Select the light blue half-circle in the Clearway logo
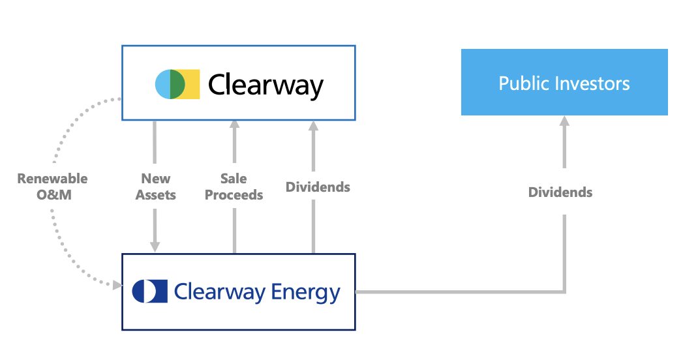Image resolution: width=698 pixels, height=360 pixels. [x=162, y=84]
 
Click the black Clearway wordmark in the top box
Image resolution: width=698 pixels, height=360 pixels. [x=266, y=85]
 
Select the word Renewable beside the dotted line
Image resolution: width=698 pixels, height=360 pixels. [x=52, y=179]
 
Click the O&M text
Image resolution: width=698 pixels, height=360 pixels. [x=52, y=194]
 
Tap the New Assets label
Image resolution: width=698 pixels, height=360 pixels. [x=155, y=187]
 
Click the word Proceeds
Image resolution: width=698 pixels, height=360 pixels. [x=234, y=194]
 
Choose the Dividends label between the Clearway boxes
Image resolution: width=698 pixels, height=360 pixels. [x=318, y=187]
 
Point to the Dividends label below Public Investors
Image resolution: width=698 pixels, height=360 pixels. [x=560, y=192]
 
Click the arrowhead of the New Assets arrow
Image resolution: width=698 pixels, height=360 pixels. [x=155, y=247]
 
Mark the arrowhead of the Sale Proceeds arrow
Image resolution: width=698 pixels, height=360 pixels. [x=234, y=125]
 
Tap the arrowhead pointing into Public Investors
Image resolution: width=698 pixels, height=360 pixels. [x=564, y=121]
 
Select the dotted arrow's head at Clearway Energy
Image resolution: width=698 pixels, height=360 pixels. [x=117, y=285]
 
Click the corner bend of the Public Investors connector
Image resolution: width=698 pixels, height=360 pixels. [x=564, y=292]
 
